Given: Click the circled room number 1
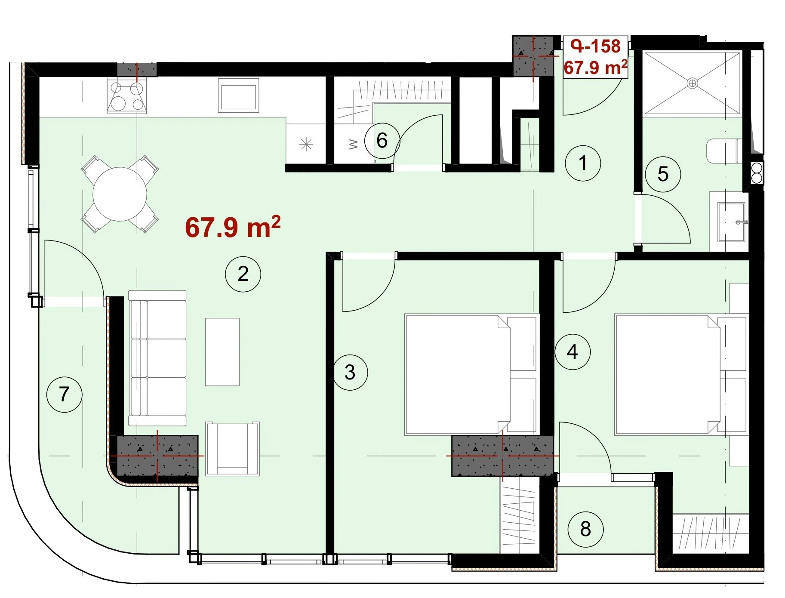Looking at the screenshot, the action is click(582, 163).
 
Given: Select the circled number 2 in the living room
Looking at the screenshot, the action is click(243, 274).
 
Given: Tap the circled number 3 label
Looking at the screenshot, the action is click(350, 372).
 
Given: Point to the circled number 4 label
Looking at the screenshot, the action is click(572, 352).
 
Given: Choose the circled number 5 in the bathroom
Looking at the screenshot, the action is click(663, 174).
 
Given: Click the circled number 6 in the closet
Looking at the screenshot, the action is click(382, 140).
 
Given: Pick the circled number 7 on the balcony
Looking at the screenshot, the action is click(64, 394).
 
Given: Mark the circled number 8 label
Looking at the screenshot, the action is click(585, 529).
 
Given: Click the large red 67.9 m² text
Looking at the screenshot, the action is click(233, 227).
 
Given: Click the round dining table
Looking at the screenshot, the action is click(120, 194).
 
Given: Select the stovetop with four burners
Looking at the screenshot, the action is click(127, 97).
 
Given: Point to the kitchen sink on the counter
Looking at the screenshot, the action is click(239, 96).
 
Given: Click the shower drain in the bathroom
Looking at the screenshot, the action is click(693, 83).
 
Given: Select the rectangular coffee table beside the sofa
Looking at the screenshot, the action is click(222, 352).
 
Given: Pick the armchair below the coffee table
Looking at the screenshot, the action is click(232, 449).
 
